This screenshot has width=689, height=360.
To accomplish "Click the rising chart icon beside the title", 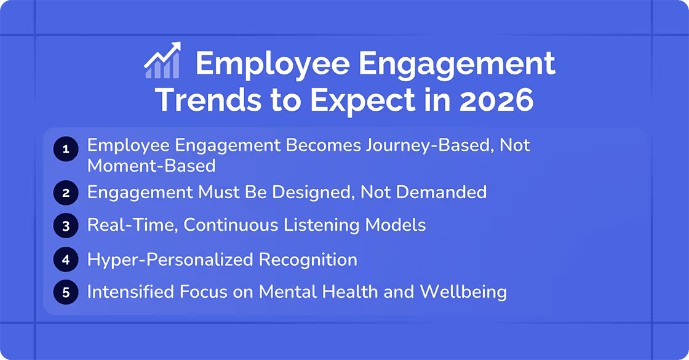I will pyautogui.click(x=162, y=61).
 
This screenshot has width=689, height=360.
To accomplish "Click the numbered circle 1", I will pyautogui.click(x=66, y=148).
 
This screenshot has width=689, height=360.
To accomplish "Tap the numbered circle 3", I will pyautogui.click(x=66, y=226).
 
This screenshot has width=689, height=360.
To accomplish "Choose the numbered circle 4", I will pyautogui.click(x=66, y=260).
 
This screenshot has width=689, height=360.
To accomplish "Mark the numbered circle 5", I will pyautogui.click(x=66, y=292).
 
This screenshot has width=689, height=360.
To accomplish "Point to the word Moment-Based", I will pyautogui.click(x=151, y=166).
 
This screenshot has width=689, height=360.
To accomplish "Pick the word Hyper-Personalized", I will pyautogui.click(x=170, y=260).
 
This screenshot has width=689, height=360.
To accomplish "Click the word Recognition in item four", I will pyautogui.click(x=308, y=260).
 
